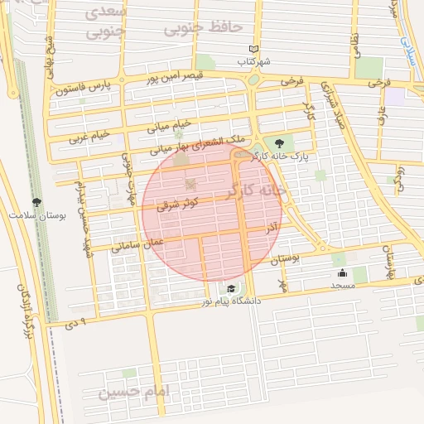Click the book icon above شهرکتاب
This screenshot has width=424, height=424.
pos(254,50)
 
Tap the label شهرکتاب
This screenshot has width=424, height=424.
pos(254,61)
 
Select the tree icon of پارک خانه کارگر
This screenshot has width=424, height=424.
pos(289,143)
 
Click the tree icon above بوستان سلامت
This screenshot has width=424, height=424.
pos(37,201)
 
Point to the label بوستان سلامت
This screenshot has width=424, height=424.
pos(37,214)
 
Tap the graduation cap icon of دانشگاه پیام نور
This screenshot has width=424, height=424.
pos(231,289)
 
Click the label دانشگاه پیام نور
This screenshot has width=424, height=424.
pos(230,301)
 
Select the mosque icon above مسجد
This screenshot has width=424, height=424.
pos(342,273)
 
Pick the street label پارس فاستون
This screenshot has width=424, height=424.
pos(83,87)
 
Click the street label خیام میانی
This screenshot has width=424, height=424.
pos(169,126)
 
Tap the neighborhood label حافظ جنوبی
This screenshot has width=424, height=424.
pos(202,29)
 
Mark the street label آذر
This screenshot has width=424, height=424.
pos(272,226)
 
